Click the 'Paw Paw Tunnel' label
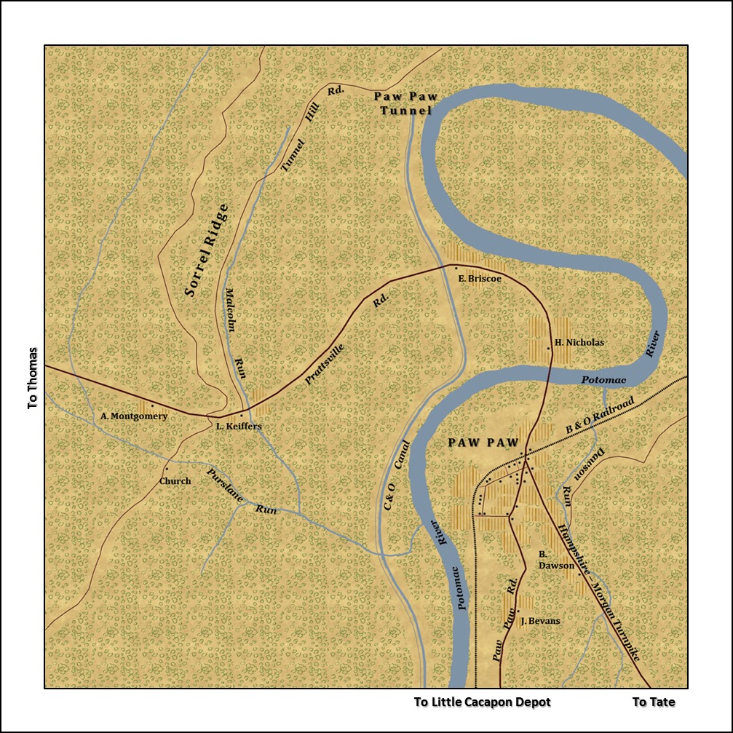403,103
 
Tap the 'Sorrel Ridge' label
207,250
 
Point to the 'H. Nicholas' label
579,342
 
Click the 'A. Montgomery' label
134,416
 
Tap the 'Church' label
175,481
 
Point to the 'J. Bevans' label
540,621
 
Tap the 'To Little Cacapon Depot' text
483,702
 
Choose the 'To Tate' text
653,702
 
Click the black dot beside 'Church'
167,469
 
